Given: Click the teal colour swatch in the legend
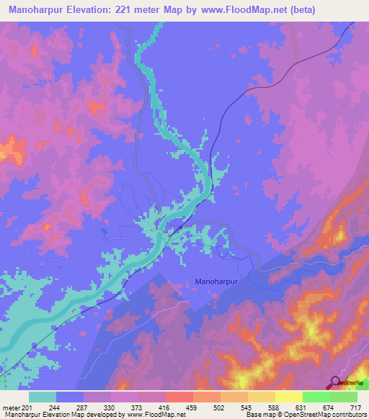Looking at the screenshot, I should pyautogui.click(x=43, y=397).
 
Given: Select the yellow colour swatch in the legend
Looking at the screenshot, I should pyautogui.click(x=288, y=397).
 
